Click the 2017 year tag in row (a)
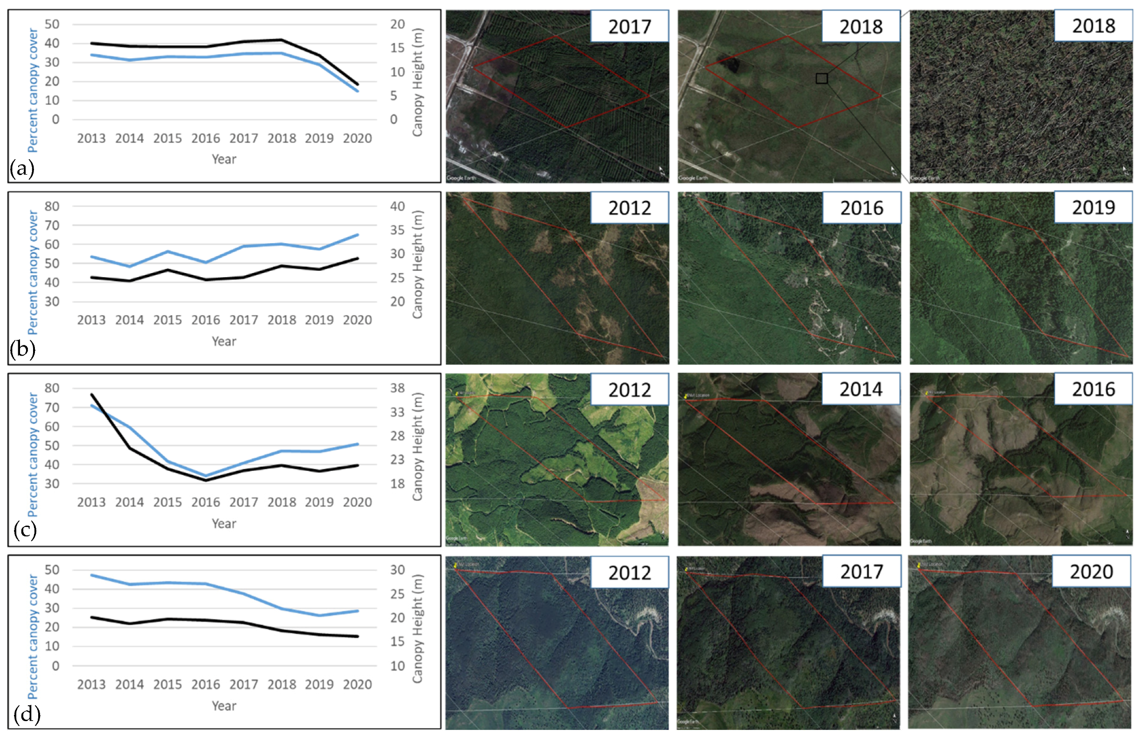629,27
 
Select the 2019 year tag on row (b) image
1092,208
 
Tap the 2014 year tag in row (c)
861,390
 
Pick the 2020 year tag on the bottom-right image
1091,572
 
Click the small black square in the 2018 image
821,78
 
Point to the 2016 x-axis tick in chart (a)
205,139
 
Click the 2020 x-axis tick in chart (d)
357,684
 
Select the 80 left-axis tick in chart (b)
52,207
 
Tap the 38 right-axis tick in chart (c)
397,388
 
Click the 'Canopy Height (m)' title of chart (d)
417,628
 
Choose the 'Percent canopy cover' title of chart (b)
33,272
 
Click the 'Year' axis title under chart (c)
224,524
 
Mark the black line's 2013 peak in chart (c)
92,395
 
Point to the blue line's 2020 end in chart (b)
358,235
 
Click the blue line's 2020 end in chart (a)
358,91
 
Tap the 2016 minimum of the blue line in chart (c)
205,476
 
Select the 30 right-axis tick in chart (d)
397,570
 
